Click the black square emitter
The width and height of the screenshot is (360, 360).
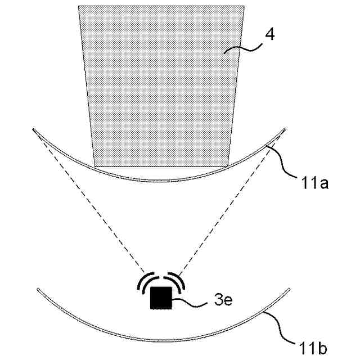tap(161, 298)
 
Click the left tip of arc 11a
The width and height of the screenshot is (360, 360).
tap(34, 130)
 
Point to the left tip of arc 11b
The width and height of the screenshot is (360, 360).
tap(38, 290)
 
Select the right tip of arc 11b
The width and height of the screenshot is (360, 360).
tap(289, 290)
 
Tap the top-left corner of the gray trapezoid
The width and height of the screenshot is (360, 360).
tap(78, 6)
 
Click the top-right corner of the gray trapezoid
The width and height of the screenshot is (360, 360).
tap(244, 6)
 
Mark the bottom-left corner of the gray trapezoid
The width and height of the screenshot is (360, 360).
tap(95, 166)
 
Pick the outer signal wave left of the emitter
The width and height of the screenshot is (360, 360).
tap(139, 285)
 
